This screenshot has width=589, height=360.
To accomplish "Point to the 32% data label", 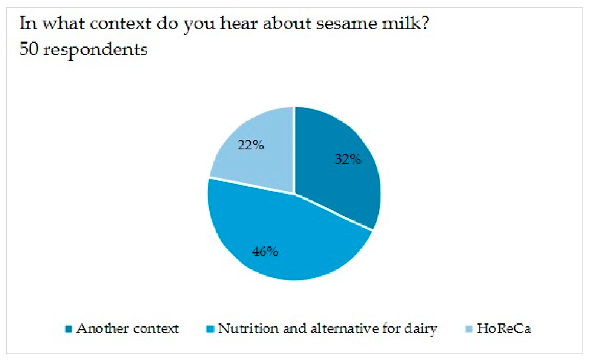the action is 348,159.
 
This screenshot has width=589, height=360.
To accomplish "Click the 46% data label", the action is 265,252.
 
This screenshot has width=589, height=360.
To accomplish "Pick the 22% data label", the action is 250,145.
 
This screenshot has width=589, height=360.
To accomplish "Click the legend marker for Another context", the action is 68,329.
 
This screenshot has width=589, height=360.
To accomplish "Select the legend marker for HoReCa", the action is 469,329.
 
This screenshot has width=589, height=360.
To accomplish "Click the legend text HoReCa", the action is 503,329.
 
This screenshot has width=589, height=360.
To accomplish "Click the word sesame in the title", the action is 343,24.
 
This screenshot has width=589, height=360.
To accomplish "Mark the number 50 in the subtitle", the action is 29,49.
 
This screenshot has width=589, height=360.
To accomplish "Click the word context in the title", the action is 121,24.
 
